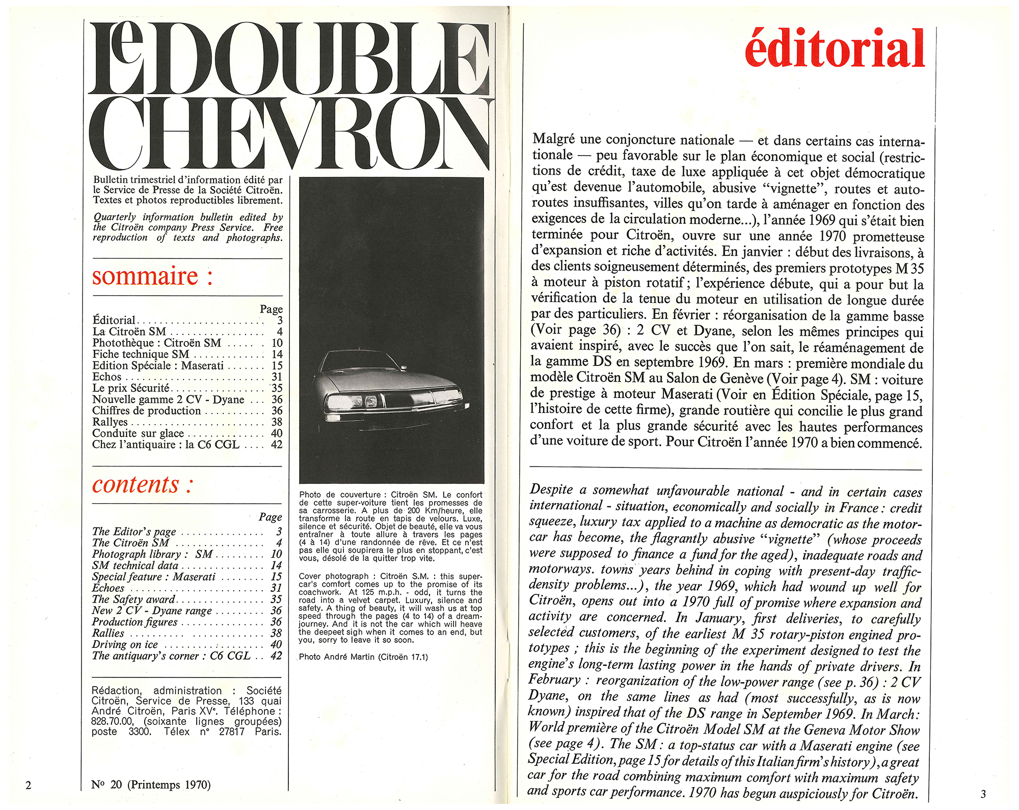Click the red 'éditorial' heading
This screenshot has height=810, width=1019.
(x=834, y=48)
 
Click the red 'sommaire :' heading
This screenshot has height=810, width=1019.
(x=152, y=276)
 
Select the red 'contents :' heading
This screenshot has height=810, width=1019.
(x=142, y=485)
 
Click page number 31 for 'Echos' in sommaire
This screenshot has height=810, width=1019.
(x=277, y=377)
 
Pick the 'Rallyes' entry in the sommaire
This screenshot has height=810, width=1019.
(x=110, y=422)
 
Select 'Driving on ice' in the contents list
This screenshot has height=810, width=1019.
(x=125, y=644)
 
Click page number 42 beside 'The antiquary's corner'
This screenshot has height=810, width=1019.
(x=276, y=656)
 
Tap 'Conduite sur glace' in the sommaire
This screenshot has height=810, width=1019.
(x=138, y=433)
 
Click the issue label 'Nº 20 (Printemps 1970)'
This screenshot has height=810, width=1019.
(x=151, y=785)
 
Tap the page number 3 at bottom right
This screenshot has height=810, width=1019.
(x=983, y=794)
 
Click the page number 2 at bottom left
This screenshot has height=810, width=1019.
(x=29, y=785)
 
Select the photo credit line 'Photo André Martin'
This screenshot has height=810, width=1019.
(x=363, y=657)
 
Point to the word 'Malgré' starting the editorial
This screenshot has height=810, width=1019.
(x=553, y=139)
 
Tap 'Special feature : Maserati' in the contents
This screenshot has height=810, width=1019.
(x=153, y=577)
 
